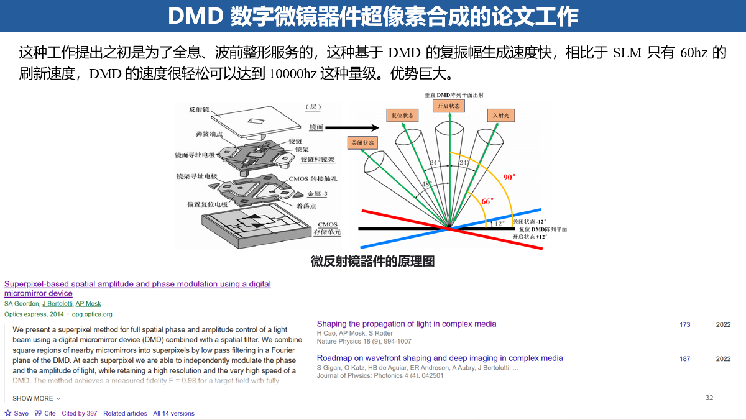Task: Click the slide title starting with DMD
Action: coord(373,16)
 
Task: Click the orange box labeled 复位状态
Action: coord(402,116)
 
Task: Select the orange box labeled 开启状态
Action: coord(449,106)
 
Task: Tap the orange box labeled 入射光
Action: coord(500,116)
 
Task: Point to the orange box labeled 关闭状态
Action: coord(362,143)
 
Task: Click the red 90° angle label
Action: coord(509,177)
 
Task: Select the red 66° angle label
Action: coord(487,201)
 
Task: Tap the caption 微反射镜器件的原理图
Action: coord(372,261)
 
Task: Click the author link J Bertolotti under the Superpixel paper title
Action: coord(57,304)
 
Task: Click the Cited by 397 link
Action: coord(79,413)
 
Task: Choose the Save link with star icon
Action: coord(17,413)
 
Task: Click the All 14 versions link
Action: coord(173,413)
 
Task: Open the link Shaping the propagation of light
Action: coord(407,324)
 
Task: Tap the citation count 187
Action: coord(684,358)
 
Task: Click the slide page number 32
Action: coord(709,398)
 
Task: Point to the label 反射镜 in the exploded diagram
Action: coord(198,110)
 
